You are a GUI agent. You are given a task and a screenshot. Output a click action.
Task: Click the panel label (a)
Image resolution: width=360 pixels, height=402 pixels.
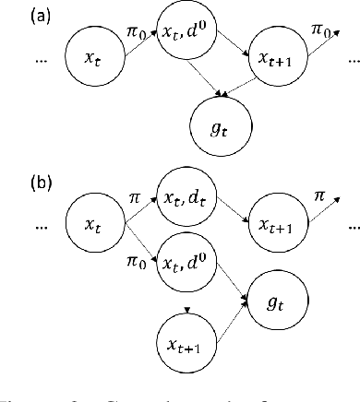pyautogui.click(x=18, y=15)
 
